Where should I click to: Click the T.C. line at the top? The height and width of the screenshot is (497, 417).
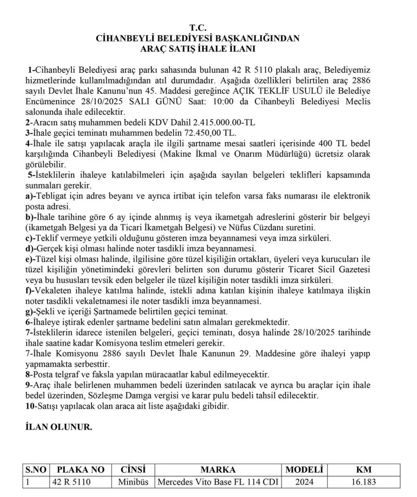(x=198, y=28)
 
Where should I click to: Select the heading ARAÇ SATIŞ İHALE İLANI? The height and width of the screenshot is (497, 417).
(x=198, y=49)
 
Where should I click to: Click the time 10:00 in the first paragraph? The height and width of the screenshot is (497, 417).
(x=223, y=101)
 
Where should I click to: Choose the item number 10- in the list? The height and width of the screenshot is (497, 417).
(x=31, y=406)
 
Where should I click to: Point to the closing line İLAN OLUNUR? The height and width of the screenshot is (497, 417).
(x=59, y=427)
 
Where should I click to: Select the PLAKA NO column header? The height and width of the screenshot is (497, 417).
(x=80, y=470)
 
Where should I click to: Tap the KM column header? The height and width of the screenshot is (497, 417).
(x=364, y=470)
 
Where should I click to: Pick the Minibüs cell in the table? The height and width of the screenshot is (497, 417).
(x=133, y=482)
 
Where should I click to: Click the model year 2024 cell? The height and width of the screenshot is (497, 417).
(x=304, y=482)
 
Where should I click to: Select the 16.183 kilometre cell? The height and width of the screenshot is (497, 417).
(x=364, y=482)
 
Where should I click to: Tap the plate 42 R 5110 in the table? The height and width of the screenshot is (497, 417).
(x=71, y=482)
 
